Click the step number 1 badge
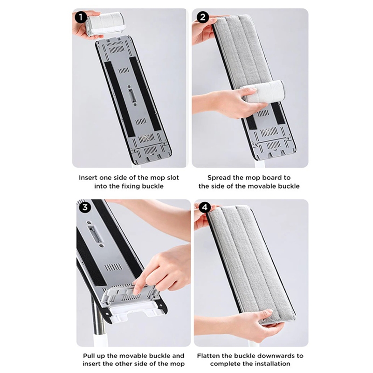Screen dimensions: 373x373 81,17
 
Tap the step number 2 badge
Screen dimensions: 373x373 203,17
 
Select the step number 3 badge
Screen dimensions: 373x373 85,207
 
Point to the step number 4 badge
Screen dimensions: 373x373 205,207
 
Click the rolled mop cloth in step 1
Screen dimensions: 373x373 106,23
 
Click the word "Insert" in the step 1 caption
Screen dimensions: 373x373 88,178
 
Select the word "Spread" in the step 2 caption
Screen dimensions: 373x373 217,178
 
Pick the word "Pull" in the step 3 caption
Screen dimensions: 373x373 89,356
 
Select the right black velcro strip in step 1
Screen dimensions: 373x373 145,94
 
